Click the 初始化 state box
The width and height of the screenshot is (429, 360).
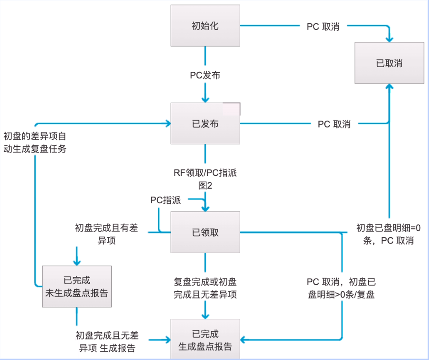tap(205, 26)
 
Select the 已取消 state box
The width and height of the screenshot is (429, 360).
tap(389, 63)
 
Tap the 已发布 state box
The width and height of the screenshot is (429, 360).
tap(205, 123)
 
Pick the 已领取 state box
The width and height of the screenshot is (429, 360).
tap(205, 232)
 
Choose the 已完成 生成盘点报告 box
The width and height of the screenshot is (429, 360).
tap(205, 340)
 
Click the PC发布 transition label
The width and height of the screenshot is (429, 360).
tap(205, 75)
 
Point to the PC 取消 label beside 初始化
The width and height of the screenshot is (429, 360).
tap(323, 26)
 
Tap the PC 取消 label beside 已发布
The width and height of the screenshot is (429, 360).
tap(334, 124)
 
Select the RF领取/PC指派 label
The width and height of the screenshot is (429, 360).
tap(205, 173)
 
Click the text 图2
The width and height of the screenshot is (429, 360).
tap(205, 185)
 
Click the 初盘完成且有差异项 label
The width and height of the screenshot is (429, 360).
tap(106, 234)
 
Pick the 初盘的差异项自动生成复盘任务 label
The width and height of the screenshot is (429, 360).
tap(35, 142)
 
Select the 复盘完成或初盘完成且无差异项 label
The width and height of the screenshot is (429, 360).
tap(205, 288)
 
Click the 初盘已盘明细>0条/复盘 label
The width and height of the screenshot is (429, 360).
tap(341, 288)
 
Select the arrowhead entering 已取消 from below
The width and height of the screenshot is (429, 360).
tap(389, 87)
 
